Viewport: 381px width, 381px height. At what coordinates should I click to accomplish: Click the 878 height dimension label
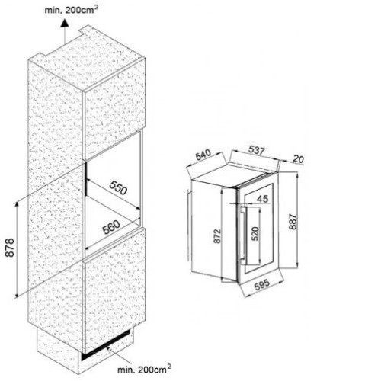tap(10, 248)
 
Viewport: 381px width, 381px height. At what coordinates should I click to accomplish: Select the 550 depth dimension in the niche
tap(118, 188)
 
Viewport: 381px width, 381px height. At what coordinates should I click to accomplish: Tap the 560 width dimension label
tap(111, 227)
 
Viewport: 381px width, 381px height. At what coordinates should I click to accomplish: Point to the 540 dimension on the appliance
tap(203, 155)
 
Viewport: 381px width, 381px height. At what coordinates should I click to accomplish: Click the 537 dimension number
tap(257, 150)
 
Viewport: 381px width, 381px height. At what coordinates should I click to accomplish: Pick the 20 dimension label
tap(298, 159)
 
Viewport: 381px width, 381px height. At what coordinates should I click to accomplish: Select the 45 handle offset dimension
tap(262, 199)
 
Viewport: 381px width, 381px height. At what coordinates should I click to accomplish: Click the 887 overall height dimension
tap(293, 222)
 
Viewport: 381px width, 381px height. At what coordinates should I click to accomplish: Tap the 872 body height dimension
tap(217, 236)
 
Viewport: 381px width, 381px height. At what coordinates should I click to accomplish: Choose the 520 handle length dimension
tap(255, 233)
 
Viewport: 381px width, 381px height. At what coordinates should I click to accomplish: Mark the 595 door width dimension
tap(261, 285)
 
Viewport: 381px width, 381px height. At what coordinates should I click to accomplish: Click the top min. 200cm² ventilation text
tap(72, 10)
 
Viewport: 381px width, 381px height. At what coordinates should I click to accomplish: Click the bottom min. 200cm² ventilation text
tap(144, 369)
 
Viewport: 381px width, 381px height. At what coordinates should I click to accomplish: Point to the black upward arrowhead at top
tap(65, 24)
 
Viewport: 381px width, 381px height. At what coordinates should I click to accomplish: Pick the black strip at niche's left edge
tap(86, 179)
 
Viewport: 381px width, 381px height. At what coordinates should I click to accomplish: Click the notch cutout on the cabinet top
tap(84, 30)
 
